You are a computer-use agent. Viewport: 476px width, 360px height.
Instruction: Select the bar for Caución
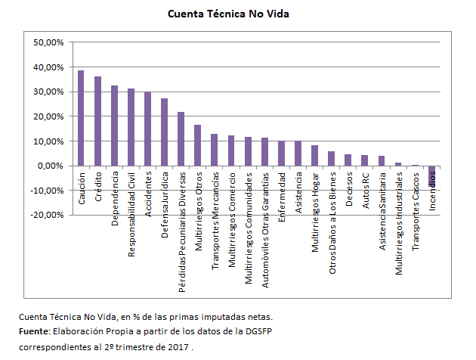[81, 118]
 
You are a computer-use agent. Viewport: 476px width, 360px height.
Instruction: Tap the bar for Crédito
[97, 121]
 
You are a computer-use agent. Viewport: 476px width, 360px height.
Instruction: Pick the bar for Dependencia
[114, 126]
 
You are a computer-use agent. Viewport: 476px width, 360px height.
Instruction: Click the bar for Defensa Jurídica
[164, 132]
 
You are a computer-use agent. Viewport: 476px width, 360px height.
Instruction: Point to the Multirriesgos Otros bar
[197, 145]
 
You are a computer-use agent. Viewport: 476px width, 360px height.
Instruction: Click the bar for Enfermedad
[281, 154]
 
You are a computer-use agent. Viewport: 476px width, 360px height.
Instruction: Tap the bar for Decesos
[348, 160]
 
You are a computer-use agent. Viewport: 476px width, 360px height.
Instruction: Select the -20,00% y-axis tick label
[48, 215]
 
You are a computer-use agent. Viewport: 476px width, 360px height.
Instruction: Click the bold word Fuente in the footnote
[34, 333]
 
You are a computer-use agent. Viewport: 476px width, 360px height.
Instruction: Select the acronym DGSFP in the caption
[240, 333]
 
